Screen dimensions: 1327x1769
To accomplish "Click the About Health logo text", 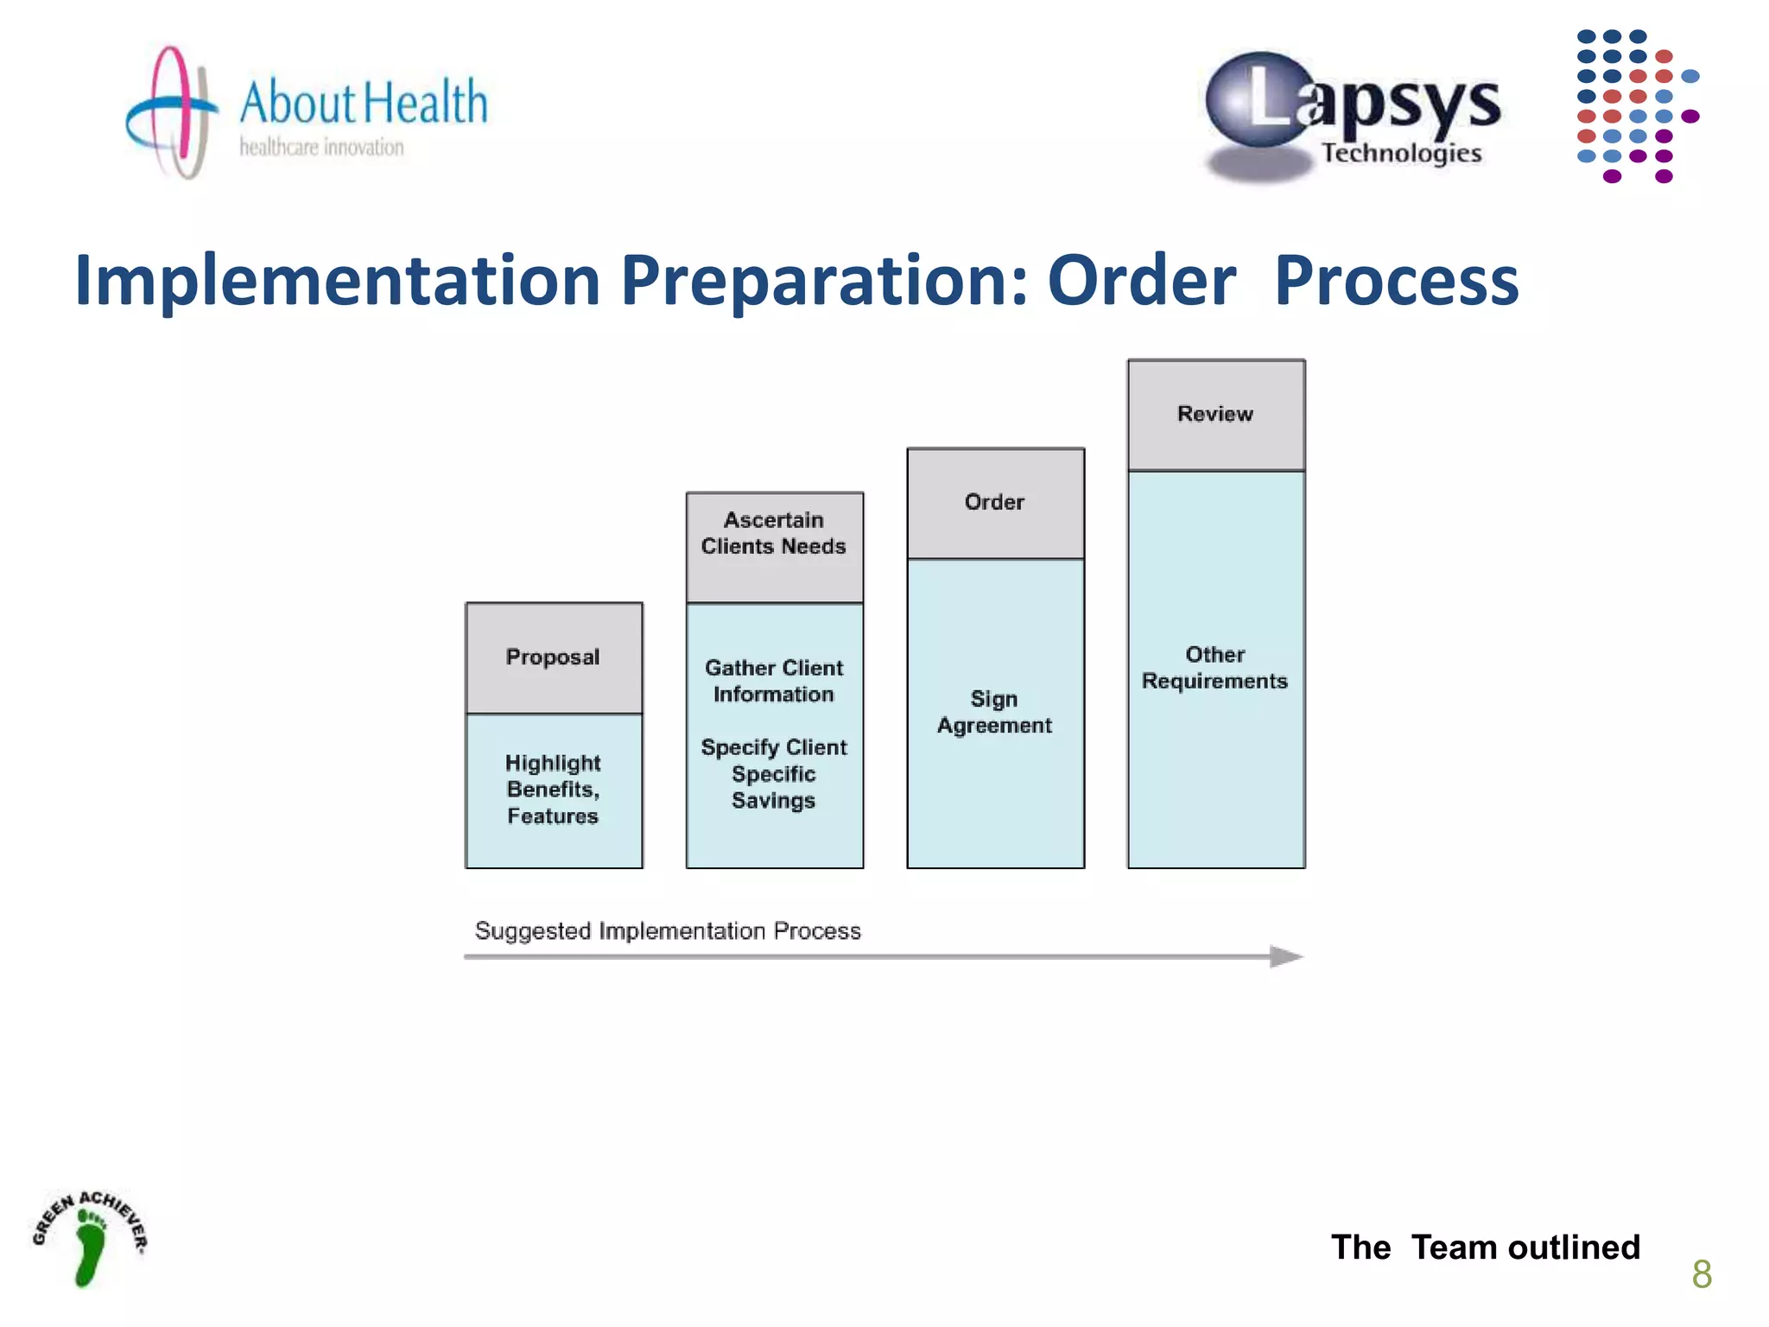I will tap(363, 102).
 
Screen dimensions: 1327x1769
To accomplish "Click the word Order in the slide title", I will tap(1141, 281).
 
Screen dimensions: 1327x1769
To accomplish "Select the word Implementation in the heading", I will tap(337, 281).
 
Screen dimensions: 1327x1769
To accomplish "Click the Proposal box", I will tap(554, 657).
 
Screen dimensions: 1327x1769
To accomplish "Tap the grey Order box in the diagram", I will tap(995, 503).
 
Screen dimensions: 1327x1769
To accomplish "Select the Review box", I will tap(1215, 415).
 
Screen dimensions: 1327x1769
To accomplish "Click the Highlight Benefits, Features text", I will tap(553, 789).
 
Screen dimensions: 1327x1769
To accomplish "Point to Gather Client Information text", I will tap(774, 681).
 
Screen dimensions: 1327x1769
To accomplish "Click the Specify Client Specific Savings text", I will tap(774, 773).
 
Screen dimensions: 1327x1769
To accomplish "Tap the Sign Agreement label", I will tap(994, 712).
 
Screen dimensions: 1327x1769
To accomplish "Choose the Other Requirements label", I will tap(1214, 668).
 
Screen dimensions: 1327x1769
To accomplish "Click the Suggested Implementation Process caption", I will tap(668, 930).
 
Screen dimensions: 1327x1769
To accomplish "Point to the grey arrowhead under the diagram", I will tap(1285, 956).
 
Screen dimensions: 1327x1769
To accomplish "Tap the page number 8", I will tap(1701, 1274).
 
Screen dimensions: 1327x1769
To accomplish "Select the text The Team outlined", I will tap(1485, 1247).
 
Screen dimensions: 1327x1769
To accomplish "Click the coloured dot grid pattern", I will tap(1633, 106).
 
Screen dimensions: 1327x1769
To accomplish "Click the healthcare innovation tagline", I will tap(321, 148).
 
